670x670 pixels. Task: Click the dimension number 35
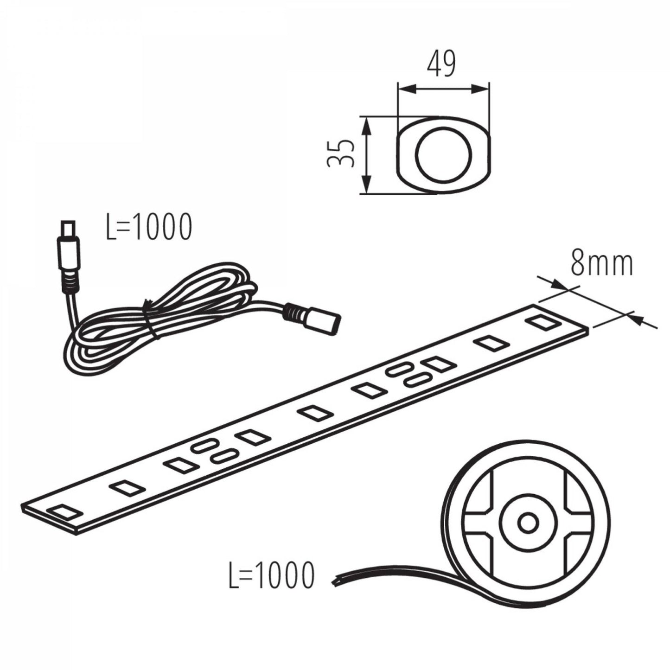coord(341,153)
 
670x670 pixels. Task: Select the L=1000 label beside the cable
coord(149,227)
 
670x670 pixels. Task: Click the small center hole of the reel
coord(528,532)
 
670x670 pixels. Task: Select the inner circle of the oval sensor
coord(444,155)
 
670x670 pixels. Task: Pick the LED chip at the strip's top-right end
coord(543,322)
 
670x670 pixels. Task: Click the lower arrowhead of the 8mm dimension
coord(636,319)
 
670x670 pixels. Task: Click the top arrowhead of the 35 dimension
coord(366,126)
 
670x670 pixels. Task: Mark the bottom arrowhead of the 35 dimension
coord(366,184)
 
